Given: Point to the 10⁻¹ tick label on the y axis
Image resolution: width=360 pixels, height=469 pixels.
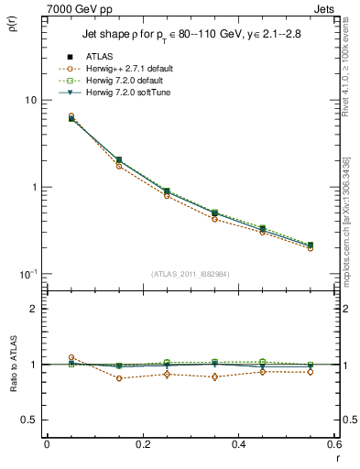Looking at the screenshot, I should pyautogui.click(x=27, y=274).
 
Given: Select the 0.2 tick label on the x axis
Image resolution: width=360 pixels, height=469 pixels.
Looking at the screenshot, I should pyautogui.click(x=142, y=444).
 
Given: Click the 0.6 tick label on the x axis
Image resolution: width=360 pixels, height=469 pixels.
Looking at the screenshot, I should pyautogui.click(x=333, y=444).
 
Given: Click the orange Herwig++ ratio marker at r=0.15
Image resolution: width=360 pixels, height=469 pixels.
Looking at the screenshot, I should pyautogui.click(x=118, y=378).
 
